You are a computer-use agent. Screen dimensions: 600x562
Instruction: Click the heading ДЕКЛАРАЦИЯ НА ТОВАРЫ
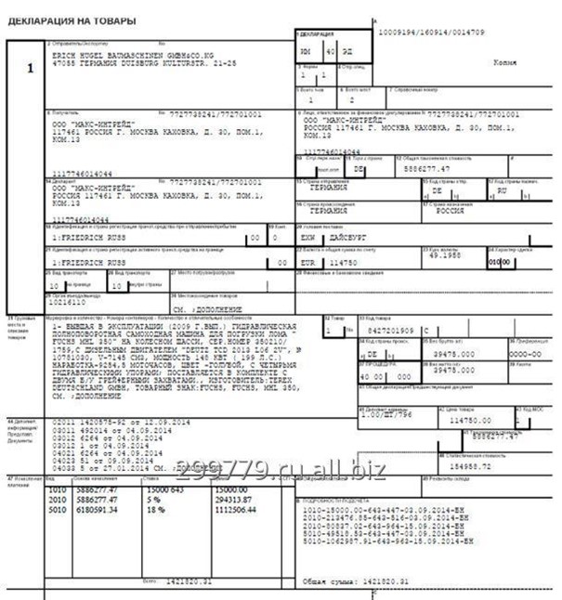(72, 20)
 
